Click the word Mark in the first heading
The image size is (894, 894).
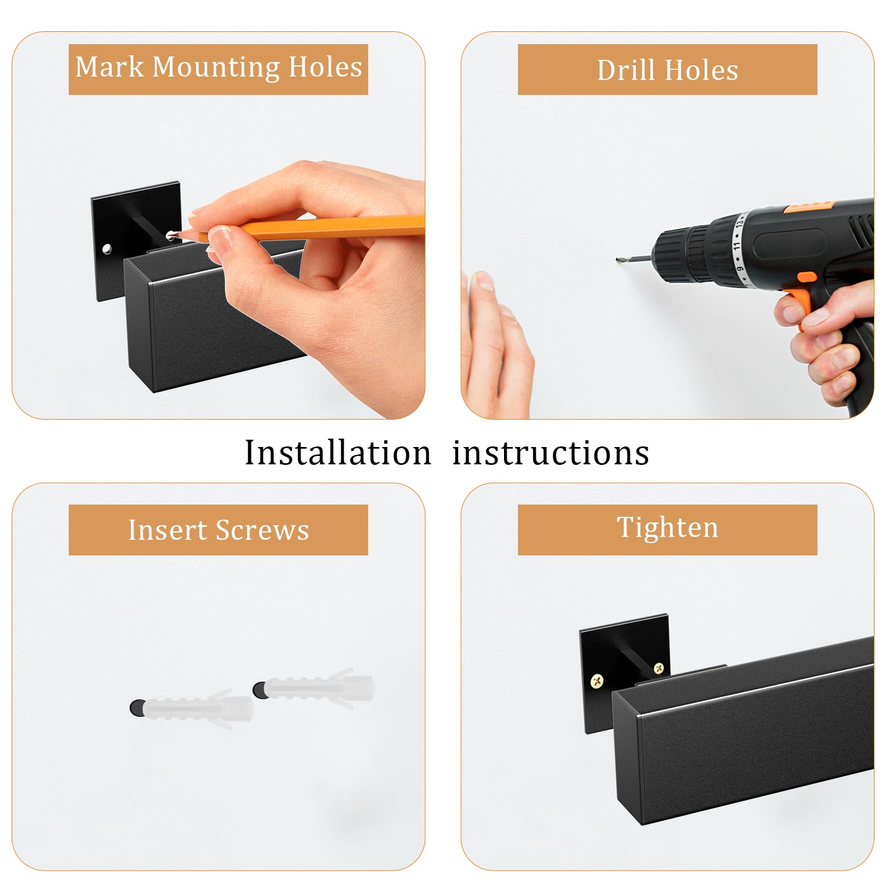click(x=110, y=67)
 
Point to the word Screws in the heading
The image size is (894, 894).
click(x=262, y=530)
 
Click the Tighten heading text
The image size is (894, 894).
click(x=667, y=528)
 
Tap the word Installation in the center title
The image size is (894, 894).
click(x=338, y=453)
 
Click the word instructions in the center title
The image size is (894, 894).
click(x=550, y=453)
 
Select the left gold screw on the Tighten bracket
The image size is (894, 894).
click(x=597, y=681)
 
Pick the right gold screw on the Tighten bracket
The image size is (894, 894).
click(x=659, y=667)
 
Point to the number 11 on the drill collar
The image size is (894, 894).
click(x=736, y=245)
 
